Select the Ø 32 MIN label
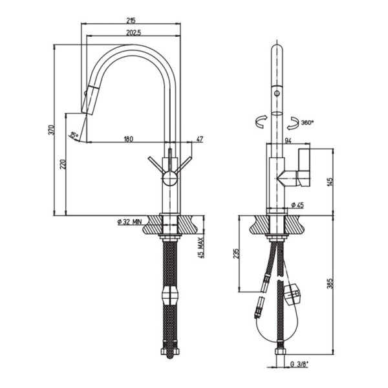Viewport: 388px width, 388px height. (129, 222)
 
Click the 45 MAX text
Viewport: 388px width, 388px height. (202, 248)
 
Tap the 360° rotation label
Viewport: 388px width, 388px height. (307, 122)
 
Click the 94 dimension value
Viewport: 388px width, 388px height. (288, 139)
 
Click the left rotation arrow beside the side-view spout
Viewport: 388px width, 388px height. (261, 121)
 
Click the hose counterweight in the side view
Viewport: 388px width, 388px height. (294, 294)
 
